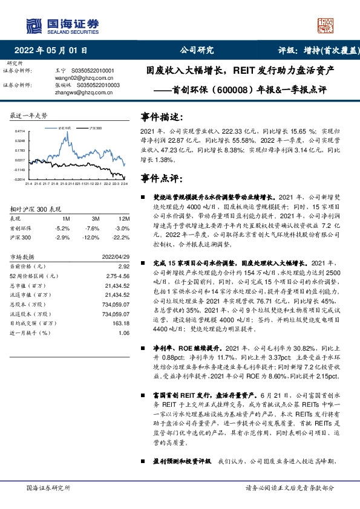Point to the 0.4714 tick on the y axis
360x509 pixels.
[21, 131]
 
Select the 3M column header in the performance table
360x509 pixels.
[96, 218]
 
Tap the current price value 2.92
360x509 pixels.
[123, 266]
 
